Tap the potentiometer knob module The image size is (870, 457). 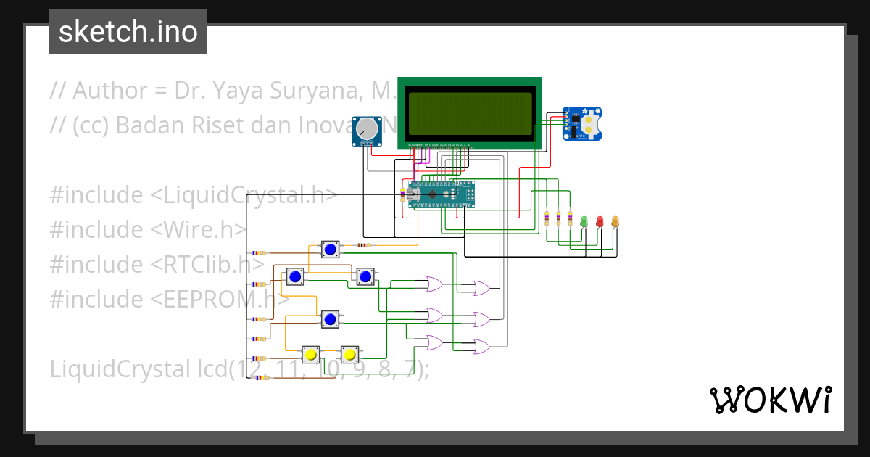[x=368, y=130]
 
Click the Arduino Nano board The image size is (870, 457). [x=440, y=194]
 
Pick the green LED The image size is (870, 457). [x=583, y=221]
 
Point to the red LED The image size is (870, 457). [x=600, y=221]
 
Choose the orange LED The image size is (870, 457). [x=616, y=221]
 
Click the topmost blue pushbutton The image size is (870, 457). [x=331, y=250]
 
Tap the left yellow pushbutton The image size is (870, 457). [x=311, y=355]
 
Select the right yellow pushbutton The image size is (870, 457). [x=349, y=355]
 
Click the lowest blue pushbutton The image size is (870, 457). [x=331, y=319]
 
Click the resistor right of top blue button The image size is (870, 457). [x=363, y=245]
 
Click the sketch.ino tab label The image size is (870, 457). [x=128, y=32]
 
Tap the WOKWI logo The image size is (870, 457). [x=770, y=400]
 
